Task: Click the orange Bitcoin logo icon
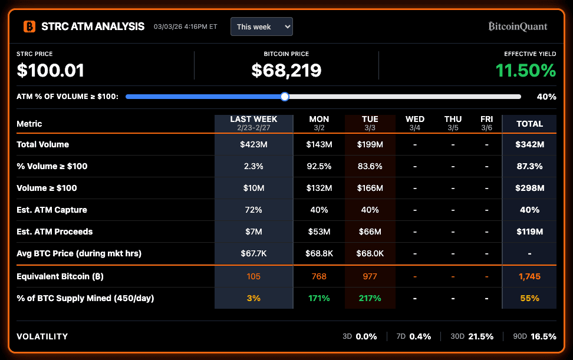29,27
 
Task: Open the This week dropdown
261,27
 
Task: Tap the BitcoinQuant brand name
518,27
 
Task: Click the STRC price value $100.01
51,71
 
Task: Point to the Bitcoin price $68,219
286,71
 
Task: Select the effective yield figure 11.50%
525,71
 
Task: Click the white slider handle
285,97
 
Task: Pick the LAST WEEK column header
253,123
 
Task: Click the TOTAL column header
529,124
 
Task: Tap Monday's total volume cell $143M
319,144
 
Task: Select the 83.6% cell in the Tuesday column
370,166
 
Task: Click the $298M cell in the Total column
529,188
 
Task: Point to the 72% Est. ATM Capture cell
253,210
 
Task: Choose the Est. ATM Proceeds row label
54,232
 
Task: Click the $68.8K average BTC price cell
319,253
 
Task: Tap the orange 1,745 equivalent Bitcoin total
529,276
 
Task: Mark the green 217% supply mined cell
370,298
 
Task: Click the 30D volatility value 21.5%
480,336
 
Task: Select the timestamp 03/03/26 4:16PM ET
185,27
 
